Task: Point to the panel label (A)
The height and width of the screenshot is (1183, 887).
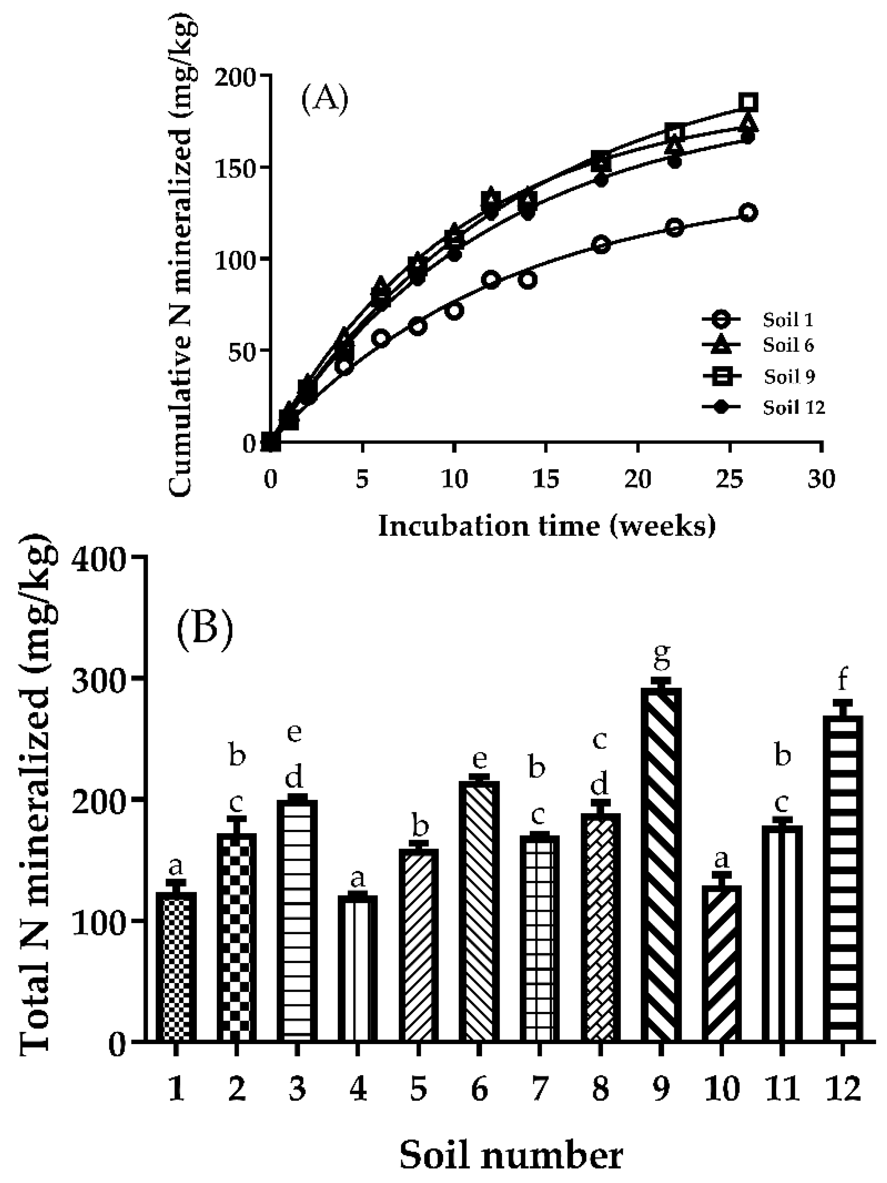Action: tap(325, 99)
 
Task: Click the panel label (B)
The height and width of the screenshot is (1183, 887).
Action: tap(205, 623)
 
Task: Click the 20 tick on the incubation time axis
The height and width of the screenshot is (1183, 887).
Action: tap(638, 478)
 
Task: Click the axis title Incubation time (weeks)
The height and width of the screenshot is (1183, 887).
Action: tap(546, 526)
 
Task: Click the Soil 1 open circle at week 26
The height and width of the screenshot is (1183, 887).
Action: tap(748, 212)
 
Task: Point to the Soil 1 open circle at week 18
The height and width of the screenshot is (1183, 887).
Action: tap(601, 244)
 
